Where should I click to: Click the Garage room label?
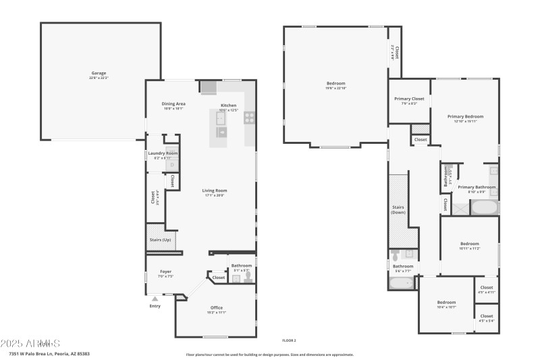click(x=99, y=73)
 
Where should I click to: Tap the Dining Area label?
click(x=173, y=103)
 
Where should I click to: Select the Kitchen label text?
click(x=229, y=105)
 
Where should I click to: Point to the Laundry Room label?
click(x=163, y=153)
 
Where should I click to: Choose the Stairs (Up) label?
click(x=160, y=240)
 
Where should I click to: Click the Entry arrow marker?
click(x=155, y=297)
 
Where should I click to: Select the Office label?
click(x=216, y=307)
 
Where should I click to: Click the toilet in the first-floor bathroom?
click(x=247, y=276)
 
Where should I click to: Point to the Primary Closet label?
click(x=409, y=99)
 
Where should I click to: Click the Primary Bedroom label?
click(x=465, y=116)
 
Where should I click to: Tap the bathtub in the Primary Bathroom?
click(x=483, y=207)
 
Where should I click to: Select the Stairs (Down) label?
click(x=398, y=209)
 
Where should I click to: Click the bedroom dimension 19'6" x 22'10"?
click(x=335, y=88)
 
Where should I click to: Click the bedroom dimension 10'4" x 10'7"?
click(x=446, y=307)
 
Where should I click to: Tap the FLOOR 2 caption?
click(x=289, y=340)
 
